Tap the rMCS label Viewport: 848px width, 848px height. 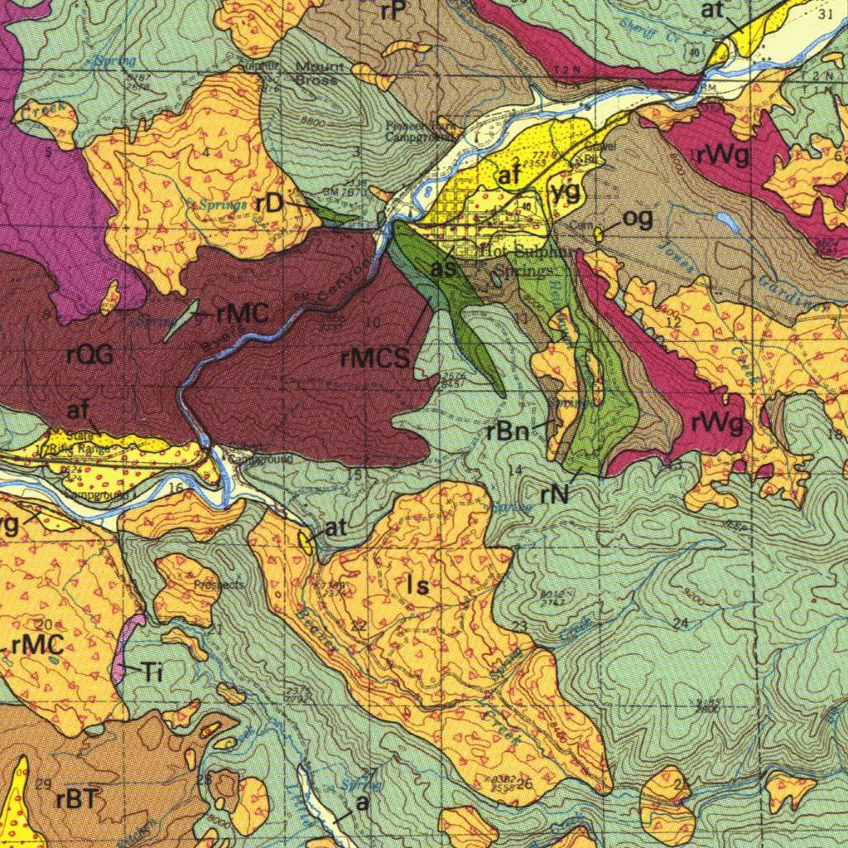point(375,359)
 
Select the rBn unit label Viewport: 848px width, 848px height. point(508,431)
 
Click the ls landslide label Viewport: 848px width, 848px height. point(418,586)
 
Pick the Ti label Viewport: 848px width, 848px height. point(150,672)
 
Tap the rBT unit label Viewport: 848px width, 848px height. point(77,800)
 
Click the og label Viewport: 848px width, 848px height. point(637,218)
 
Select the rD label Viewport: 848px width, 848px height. point(270,204)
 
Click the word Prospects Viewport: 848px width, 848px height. point(219,585)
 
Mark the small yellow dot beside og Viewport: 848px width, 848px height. point(598,234)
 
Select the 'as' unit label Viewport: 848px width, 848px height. point(443,269)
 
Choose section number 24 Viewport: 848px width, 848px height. point(681,623)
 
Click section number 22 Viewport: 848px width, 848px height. point(358,627)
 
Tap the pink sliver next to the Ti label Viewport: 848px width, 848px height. point(127,650)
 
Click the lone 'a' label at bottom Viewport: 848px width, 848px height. point(360,803)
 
